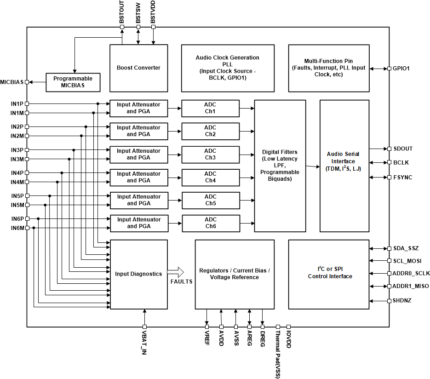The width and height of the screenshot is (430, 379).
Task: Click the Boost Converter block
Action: pos(138,68)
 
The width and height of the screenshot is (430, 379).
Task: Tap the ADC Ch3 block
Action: pos(210,154)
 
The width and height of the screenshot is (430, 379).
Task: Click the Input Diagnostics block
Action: pos(138,274)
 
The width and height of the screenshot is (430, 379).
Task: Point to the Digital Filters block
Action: pos(280,165)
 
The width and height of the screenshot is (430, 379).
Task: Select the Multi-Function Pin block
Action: pos(328,68)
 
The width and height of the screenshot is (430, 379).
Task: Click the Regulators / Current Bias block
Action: pos(234,274)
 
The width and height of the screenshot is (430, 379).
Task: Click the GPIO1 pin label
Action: pos(401,69)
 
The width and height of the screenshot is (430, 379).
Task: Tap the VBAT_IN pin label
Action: pos(145,343)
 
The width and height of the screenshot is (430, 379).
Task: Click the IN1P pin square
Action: pos(27,104)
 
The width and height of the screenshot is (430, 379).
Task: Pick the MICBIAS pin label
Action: pos(12,82)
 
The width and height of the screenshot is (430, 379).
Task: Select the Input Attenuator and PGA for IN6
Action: pos(138,223)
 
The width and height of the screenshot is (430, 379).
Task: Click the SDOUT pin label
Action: pos(403,149)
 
